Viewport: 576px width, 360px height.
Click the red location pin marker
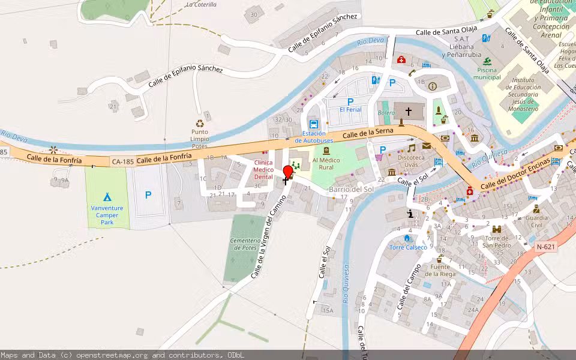(288, 172)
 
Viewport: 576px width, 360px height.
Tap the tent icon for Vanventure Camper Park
(107, 196)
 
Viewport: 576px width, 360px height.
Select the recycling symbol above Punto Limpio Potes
(200, 124)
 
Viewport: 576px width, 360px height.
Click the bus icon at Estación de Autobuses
(313, 124)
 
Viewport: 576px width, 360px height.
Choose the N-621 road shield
(545, 246)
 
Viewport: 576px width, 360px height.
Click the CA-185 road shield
(122, 161)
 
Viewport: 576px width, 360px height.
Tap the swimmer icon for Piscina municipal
(487, 61)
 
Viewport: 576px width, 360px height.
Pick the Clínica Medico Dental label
(263, 170)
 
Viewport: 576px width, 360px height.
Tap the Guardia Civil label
(536, 221)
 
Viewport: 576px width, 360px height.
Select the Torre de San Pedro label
(497, 242)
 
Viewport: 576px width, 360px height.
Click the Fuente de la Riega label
(439, 270)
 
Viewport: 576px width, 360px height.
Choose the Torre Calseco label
(408, 247)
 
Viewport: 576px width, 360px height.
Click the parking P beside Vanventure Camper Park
(148, 195)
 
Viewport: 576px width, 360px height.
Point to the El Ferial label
(350, 110)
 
